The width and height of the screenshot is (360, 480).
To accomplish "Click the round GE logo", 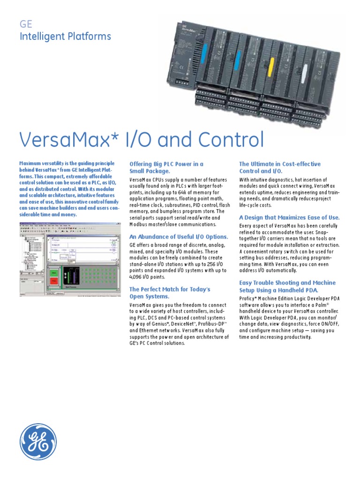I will coord(38,442).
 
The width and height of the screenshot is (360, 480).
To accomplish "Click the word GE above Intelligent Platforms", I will coord(25,25).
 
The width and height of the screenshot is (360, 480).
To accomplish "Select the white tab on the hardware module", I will coord(305,72).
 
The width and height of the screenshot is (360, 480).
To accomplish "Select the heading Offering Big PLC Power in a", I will coord(166,164).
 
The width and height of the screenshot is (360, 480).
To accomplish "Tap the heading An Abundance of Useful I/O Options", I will coord(179,237).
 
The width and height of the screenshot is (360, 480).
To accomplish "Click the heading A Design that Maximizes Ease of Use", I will coord(289,217).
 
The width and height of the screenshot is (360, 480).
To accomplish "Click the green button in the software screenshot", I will coord(54,272).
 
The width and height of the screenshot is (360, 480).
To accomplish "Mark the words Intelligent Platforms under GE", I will coord(65,36).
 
